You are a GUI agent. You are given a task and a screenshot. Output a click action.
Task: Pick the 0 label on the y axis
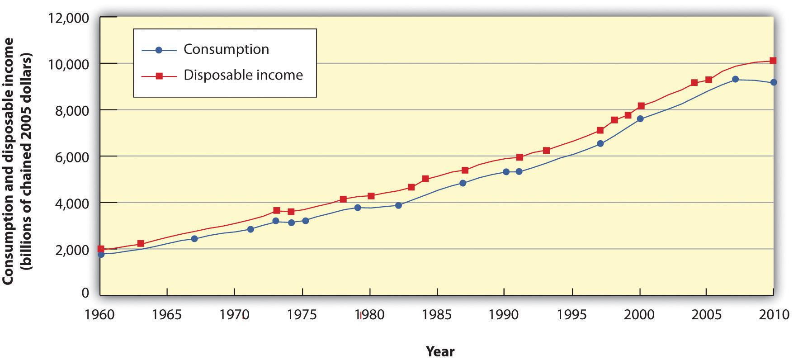pyautogui.click(x=85, y=293)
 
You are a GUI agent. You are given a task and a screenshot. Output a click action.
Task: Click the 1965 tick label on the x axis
pyautogui.click(x=167, y=315)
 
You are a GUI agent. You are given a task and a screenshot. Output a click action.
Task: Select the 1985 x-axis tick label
pyautogui.click(x=437, y=315)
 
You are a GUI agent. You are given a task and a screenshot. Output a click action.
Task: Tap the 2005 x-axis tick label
pyautogui.click(x=707, y=315)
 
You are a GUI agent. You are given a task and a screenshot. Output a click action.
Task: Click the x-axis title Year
pyautogui.click(x=440, y=351)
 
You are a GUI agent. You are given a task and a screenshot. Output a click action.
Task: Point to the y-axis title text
pyautogui.click(x=18, y=161)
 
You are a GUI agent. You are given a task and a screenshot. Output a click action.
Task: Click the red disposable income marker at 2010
pyautogui.click(x=773, y=61)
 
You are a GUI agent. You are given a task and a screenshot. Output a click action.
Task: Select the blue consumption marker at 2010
pyautogui.click(x=774, y=82)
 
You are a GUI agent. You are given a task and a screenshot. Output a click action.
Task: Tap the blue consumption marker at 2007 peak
pyautogui.click(x=735, y=79)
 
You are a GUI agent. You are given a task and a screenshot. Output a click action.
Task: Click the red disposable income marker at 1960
pyautogui.click(x=101, y=249)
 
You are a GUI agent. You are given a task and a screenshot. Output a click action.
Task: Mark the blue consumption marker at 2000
pyautogui.click(x=640, y=118)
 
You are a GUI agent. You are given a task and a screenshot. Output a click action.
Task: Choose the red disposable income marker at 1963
pyautogui.click(x=141, y=243)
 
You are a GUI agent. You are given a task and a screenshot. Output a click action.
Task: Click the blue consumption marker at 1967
pyautogui.click(x=194, y=238)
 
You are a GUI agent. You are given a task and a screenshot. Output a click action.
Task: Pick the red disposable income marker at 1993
pyautogui.click(x=546, y=150)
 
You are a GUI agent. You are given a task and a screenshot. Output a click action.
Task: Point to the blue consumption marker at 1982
pyautogui.click(x=398, y=205)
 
